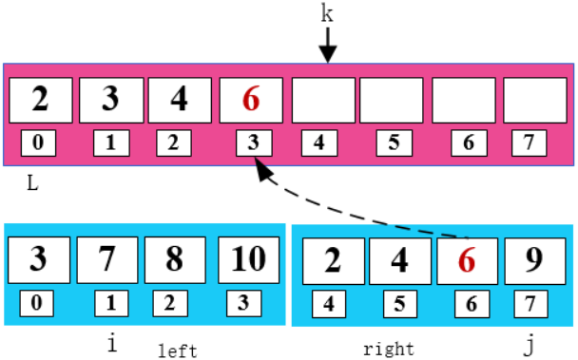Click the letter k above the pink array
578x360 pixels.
pos(327,14)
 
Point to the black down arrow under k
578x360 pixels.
pos(327,45)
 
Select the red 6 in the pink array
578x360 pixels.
pos(251,100)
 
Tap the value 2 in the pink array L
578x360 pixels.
pos(40,100)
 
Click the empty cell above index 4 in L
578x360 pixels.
pos(319,100)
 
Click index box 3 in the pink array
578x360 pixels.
pos(252,144)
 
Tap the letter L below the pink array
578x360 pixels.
pos(32,182)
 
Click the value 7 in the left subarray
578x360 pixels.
pos(110,259)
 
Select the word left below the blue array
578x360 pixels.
pos(177,351)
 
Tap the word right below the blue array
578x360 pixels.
pos(389,349)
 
